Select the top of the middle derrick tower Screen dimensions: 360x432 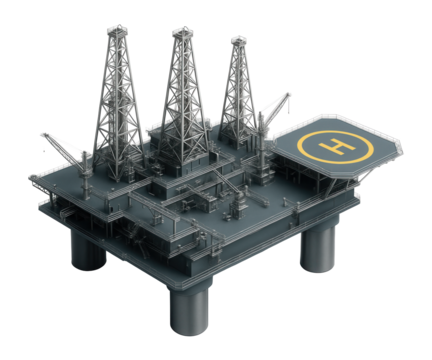(182, 33)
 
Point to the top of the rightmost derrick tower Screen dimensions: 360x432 (239, 40)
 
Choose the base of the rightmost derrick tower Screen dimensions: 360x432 (239, 125)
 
